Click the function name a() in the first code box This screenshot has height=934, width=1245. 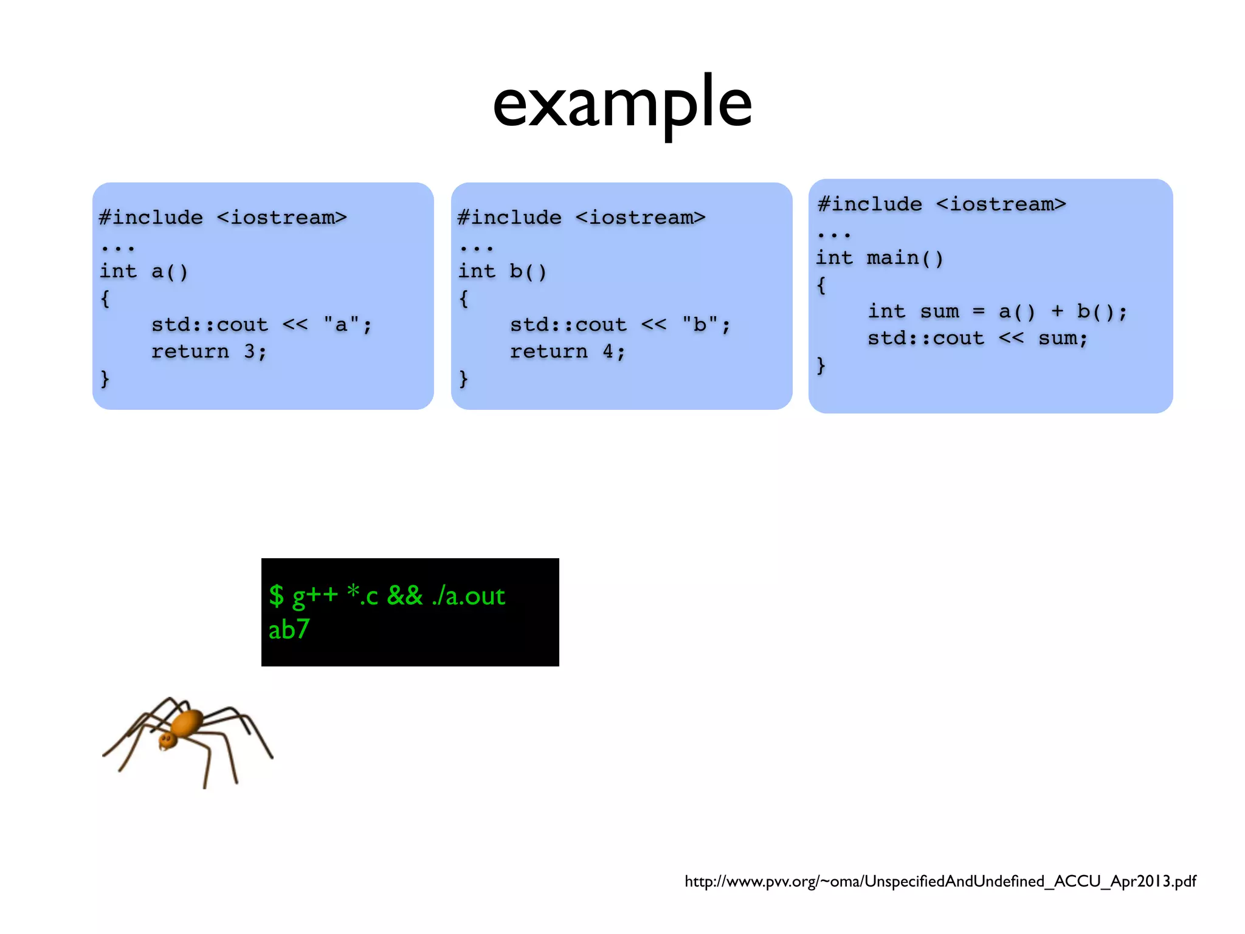tap(170, 271)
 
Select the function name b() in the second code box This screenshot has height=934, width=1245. tap(528, 271)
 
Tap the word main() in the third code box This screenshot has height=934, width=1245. tap(905, 258)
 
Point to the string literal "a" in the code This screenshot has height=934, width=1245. tap(341, 324)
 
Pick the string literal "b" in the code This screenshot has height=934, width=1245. tap(700, 324)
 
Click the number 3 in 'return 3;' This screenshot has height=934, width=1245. tap(249, 351)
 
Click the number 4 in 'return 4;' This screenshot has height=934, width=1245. tap(608, 351)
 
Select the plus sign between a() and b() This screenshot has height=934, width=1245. tap(1057, 311)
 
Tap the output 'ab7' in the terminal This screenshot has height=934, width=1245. tap(289, 629)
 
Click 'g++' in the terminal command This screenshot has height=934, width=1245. tap(315, 595)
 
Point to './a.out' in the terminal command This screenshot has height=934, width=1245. tap(468, 596)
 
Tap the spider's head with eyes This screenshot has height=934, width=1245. tap(167, 740)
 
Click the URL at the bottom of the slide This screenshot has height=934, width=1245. tap(940, 881)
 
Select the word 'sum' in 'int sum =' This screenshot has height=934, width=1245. tap(939, 311)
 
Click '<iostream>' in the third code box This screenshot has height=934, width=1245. tap(1001, 204)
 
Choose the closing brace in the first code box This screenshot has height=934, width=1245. tap(105, 379)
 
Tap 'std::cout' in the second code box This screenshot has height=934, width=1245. tap(568, 324)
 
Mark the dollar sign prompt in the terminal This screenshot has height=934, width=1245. tap(277, 596)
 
